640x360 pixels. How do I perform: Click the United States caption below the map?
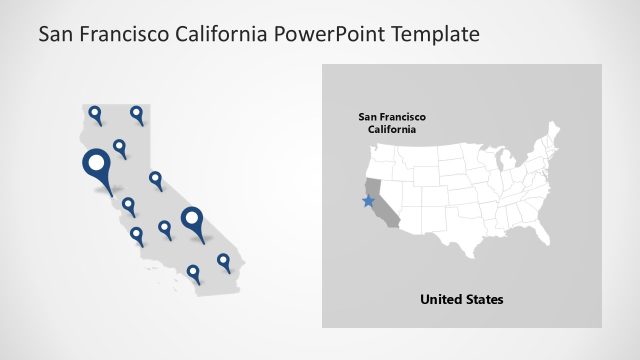pyautogui.click(x=461, y=299)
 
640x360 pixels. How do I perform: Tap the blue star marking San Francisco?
pyautogui.click(x=368, y=200)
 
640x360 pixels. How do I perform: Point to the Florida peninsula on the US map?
pyautogui.click(x=531, y=239)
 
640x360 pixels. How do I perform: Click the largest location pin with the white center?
pyautogui.click(x=97, y=163)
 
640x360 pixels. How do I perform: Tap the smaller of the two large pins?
pyautogui.click(x=192, y=219)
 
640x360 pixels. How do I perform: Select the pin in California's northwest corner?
pyautogui.click(x=95, y=113)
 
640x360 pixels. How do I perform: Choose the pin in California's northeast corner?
pyautogui.click(x=137, y=113)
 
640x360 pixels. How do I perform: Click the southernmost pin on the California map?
pyautogui.click(x=193, y=271)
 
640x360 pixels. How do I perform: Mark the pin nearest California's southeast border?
pyautogui.click(x=223, y=261)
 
